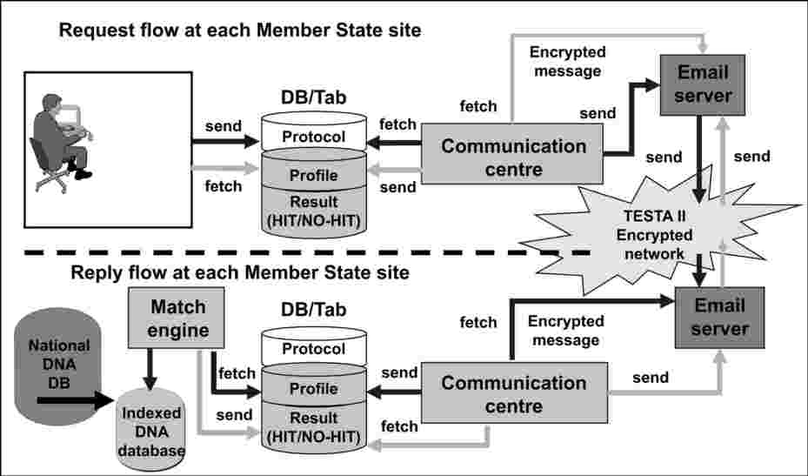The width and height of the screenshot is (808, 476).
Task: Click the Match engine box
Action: click(x=177, y=318)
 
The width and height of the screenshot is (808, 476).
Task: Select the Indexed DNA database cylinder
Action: click(x=151, y=430)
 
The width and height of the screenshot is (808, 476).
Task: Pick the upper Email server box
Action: click(x=703, y=84)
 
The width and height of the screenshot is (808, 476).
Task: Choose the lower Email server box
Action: click(x=720, y=318)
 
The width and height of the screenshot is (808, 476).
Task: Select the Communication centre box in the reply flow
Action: click(x=515, y=393)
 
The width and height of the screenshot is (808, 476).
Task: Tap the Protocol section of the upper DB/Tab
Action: click(x=314, y=133)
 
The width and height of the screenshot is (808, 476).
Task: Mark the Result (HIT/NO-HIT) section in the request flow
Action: click(x=314, y=211)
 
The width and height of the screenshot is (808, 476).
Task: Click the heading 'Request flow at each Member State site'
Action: click(x=240, y=30)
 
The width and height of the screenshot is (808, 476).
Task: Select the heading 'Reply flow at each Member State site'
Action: click(x=240, y=272)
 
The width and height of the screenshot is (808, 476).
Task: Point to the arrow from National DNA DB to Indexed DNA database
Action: click(x=76, y=400)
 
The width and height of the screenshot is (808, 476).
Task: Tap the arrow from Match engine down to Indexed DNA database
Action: click(x=150, y=369)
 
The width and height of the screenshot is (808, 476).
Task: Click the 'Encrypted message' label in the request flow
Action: click(x=567, y=62)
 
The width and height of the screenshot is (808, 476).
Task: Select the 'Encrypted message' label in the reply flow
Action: click(x=566, y=331)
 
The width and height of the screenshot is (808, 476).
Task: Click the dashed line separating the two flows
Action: click(x=307, y=252)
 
